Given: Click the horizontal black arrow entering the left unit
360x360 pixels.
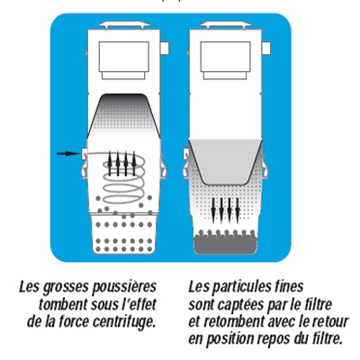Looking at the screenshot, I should (x=67, y=154).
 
